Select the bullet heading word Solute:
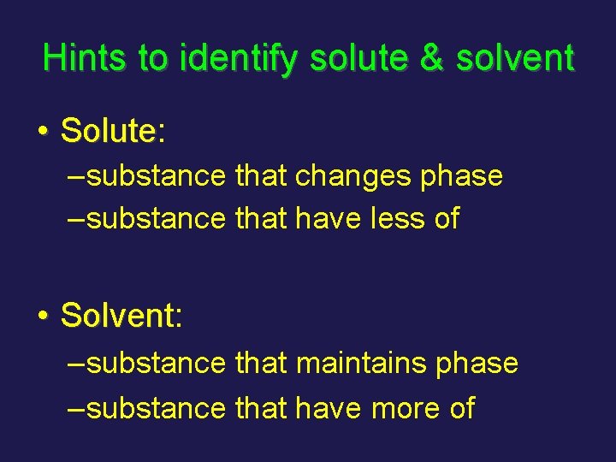pyautogui.click(x=113, y=131)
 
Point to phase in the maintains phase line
pyautogui.click(x=477, y=364)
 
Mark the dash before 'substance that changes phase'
pyautogui.click(x=76, y=177)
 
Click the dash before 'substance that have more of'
pyautogui.click(x=76, y=408)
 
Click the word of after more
pyautogui.click(x=461, y=408)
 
